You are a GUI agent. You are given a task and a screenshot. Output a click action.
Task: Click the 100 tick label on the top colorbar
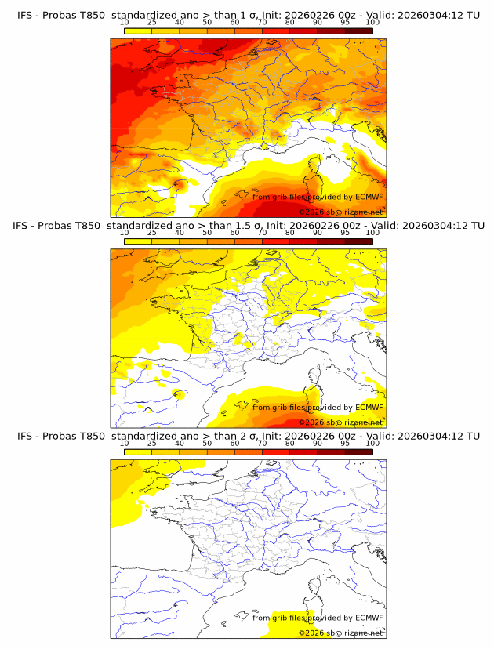372,23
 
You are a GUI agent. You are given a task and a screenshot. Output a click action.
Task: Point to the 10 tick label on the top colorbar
124,23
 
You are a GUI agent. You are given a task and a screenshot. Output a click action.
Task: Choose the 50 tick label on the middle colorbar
207,233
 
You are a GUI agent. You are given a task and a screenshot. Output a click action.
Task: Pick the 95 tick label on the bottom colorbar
345,443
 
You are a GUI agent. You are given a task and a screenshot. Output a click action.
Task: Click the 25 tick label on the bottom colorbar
151,443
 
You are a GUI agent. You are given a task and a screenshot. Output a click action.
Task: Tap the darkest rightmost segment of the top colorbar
358,31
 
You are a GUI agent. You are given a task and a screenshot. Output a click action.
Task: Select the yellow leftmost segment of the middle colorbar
137,241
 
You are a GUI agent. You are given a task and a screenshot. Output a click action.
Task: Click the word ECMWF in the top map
369,197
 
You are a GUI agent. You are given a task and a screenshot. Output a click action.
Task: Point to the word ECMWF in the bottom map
369,618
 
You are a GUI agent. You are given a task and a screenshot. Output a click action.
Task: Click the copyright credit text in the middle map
341,422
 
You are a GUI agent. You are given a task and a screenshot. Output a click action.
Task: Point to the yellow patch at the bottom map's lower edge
292,623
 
